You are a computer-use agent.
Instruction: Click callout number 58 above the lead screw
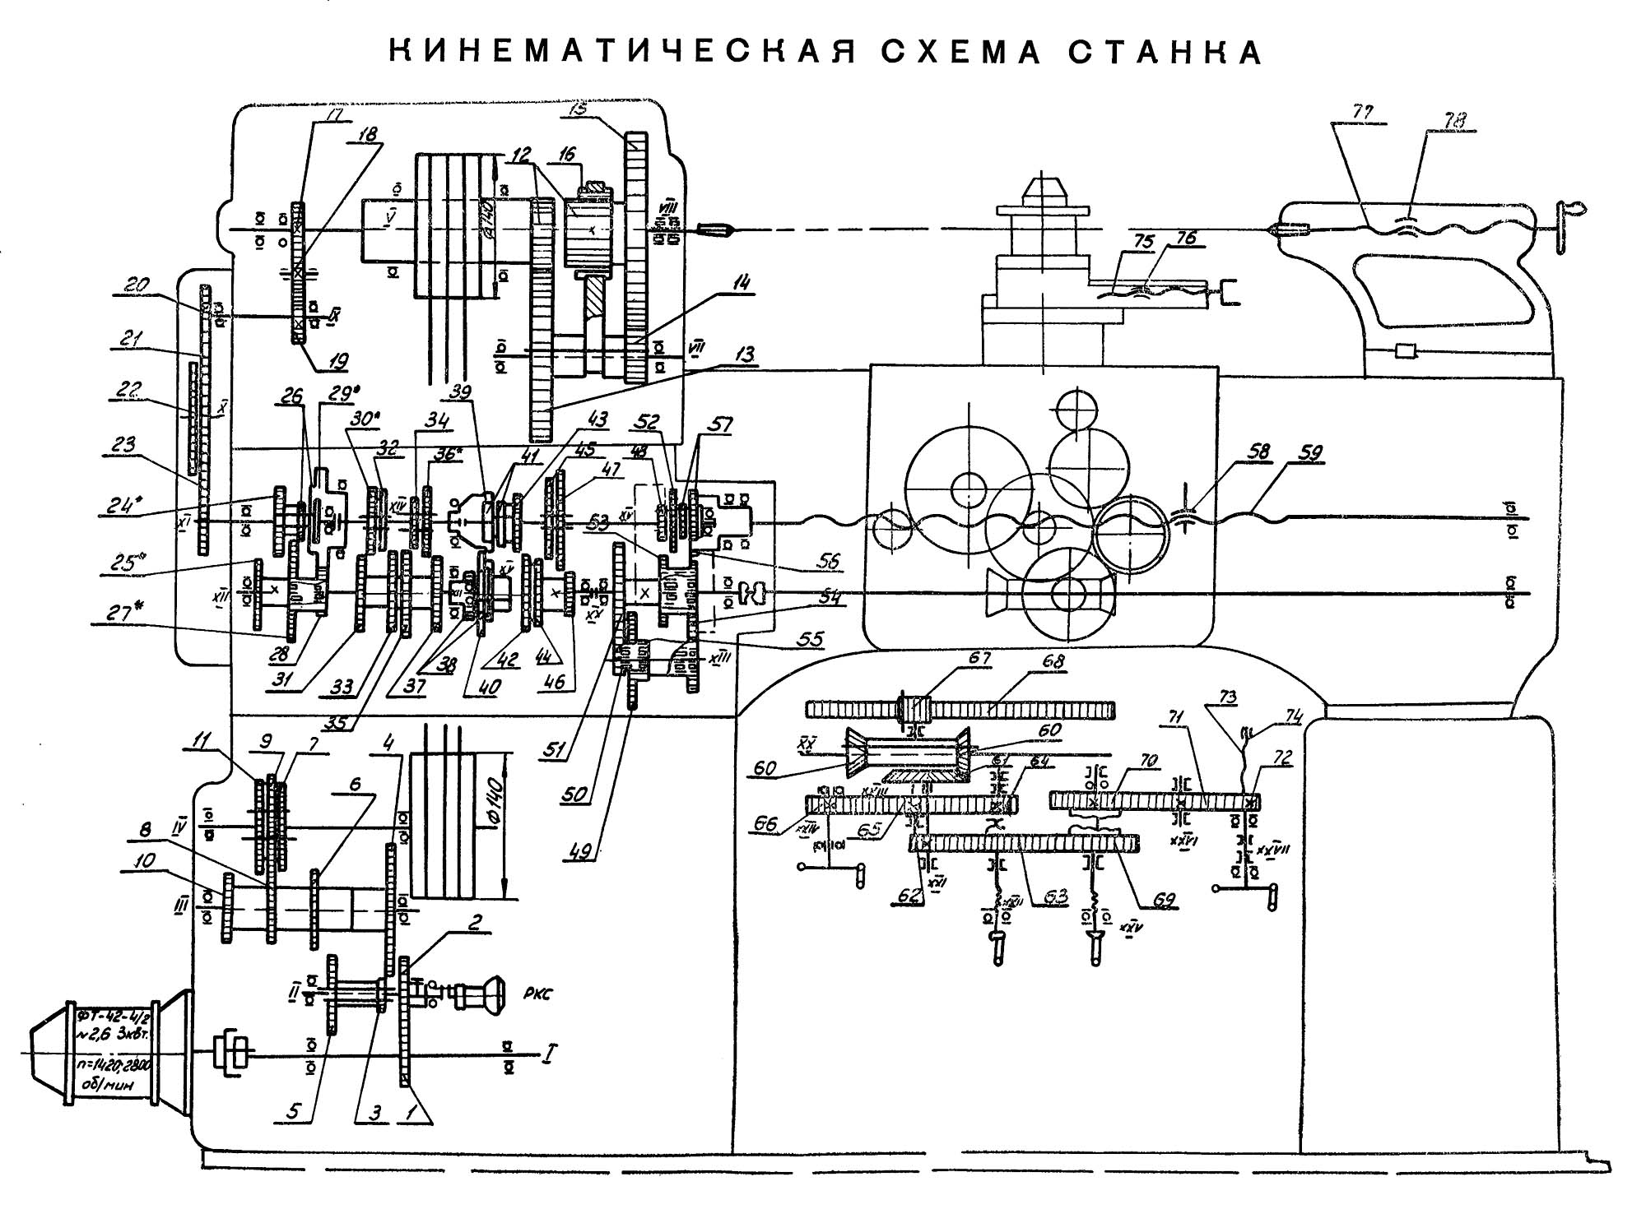[x=1258, y=452]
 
